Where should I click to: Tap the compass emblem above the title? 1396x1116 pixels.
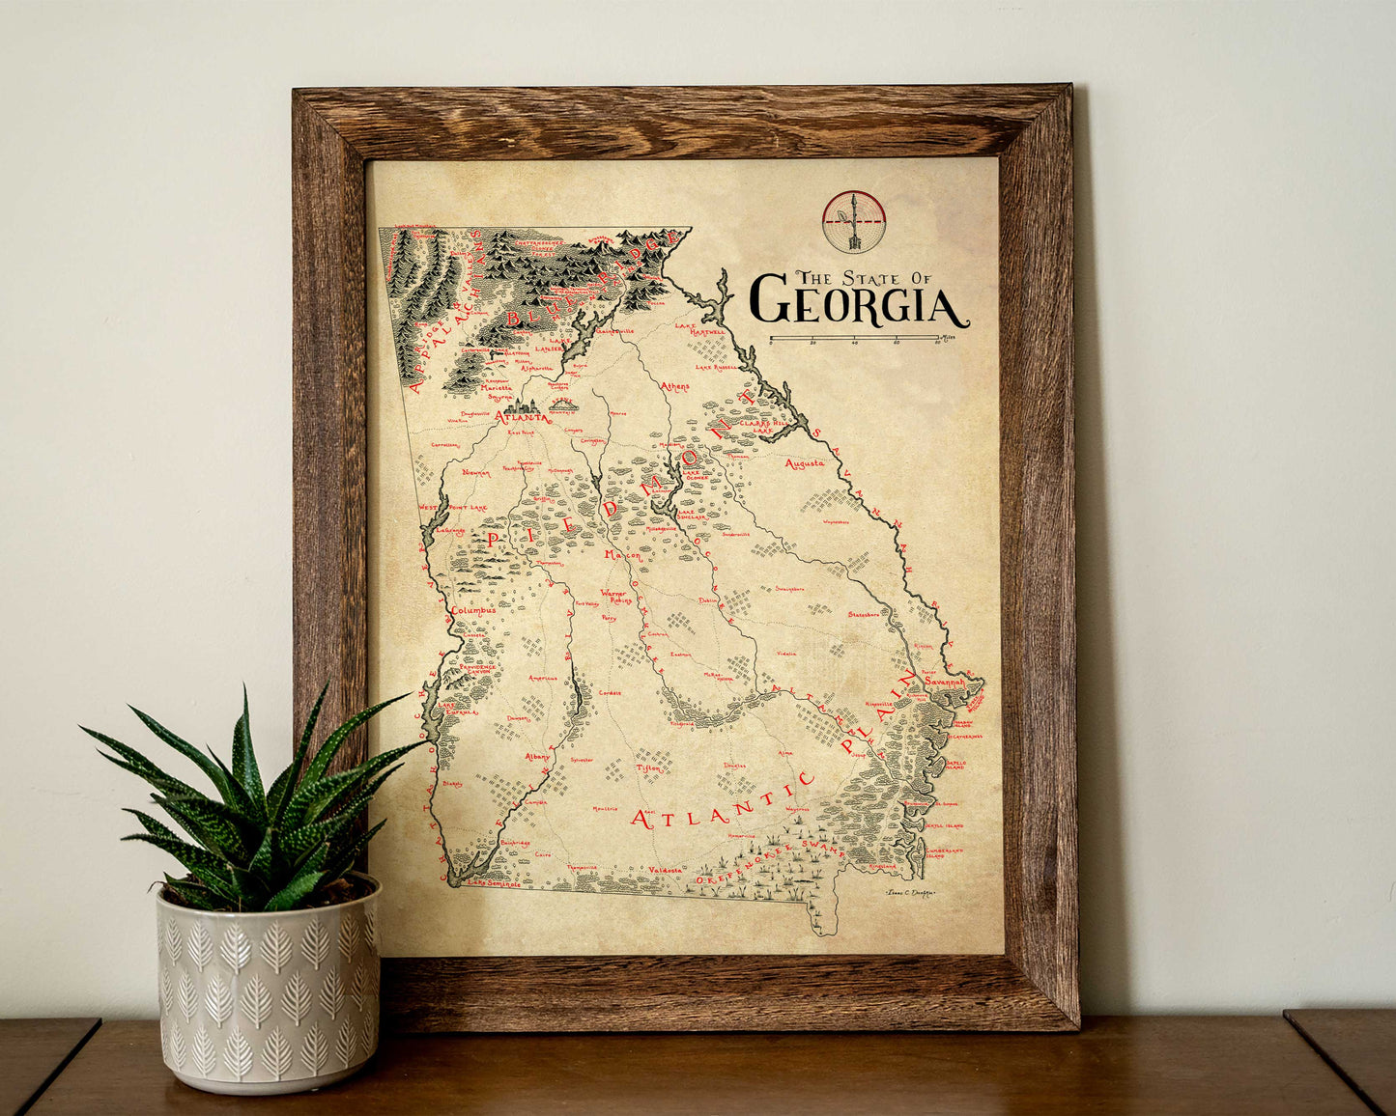click(854, 221)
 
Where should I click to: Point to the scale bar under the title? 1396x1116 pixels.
click(854, 340)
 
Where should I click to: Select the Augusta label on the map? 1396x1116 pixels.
click(805, 463)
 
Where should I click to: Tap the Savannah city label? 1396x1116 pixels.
click(944, 681)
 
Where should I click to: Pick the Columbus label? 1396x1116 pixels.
click(472, 610)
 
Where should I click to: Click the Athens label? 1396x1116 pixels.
click(675, 386)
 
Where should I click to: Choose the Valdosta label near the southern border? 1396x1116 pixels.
click(665, 870)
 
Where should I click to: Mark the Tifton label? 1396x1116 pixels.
click(650, 767)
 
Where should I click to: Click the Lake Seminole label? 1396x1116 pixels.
click(494, 882)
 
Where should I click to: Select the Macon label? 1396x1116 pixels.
click(622, 555)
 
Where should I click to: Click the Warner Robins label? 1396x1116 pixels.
click(613, 598)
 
